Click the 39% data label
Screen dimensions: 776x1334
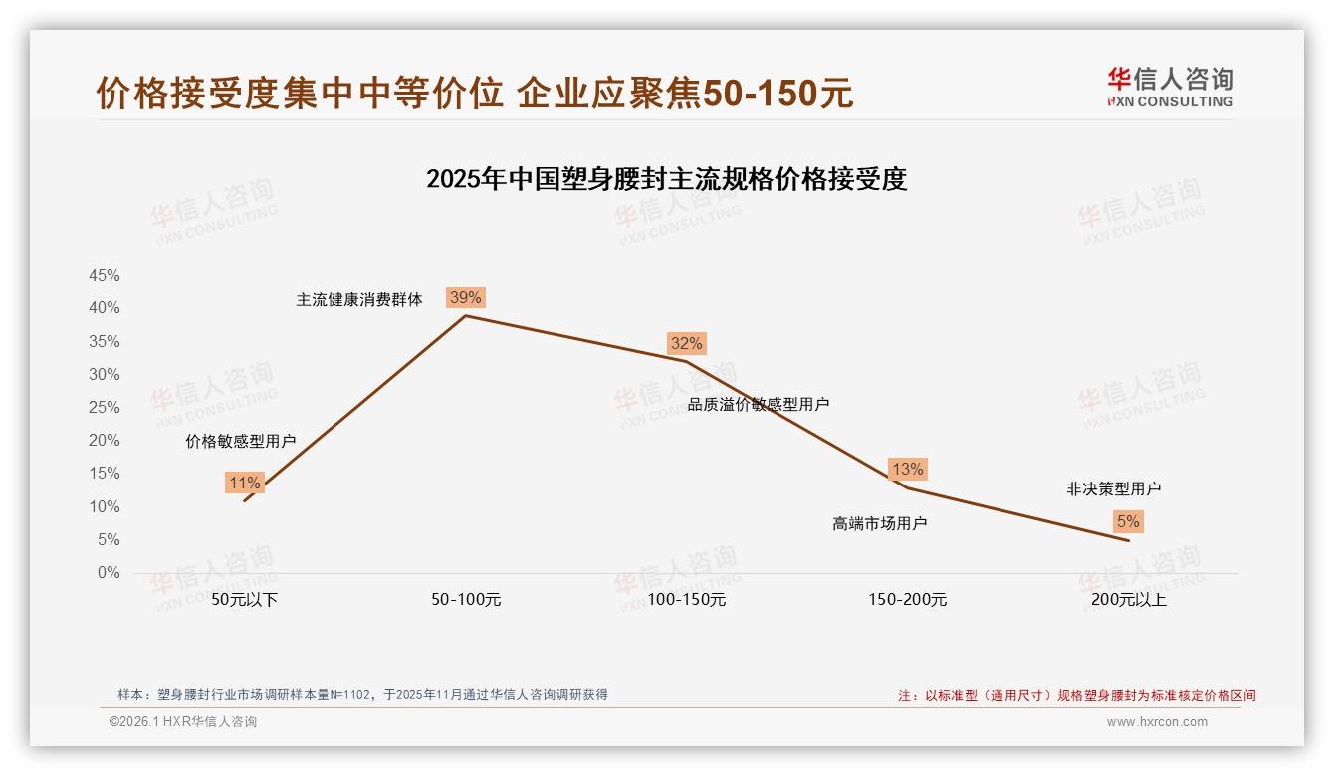pos(465,297)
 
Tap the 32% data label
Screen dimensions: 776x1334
pos(686,343)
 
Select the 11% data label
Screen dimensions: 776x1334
pos(244,484)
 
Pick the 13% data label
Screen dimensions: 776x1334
pos(907,469)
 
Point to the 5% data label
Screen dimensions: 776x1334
pos(1128,521)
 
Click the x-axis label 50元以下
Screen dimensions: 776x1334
pos(245,600)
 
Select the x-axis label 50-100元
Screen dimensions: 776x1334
pos(466,600)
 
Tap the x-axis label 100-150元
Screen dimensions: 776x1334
pos(687,600)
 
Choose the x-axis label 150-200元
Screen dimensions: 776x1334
pos(908,600)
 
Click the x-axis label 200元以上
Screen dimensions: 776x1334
pos(1129,600)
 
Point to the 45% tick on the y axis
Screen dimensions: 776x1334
pos(105,276)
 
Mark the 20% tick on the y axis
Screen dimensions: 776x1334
pos(105,441)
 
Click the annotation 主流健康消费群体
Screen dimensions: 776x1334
pos(359,299)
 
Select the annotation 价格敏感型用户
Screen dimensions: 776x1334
pos(241,442)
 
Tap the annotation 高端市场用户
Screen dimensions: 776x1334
pos(879,523)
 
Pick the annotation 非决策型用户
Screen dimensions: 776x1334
pos(1113,488)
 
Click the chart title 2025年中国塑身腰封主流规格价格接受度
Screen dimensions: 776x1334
pos(666,179)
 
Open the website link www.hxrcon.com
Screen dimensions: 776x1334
pos(1157,722)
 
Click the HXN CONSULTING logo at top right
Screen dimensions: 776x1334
pos(1170,87)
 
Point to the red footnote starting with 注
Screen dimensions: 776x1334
pos(1076,695)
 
